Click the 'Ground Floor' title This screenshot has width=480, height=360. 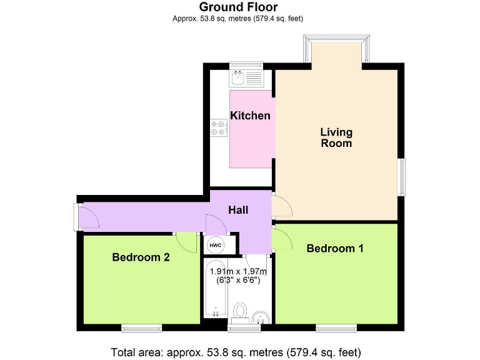[x=238, y=7]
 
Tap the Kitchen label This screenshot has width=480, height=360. [x=250, y=116]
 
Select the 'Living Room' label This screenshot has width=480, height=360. [x=336, y=137]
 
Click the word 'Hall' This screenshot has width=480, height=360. [x=237, y=210]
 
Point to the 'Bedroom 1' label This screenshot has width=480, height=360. [x=335, y=248]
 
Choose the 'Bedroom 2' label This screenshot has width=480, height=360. [x=141, y=257]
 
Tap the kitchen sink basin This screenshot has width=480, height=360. [x=238, y=78]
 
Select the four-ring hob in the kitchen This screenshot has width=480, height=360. [x=219, y=127]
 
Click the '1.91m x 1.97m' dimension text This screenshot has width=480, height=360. [x=238, y=271]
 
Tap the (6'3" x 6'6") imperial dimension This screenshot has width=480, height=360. [x=238, y=281]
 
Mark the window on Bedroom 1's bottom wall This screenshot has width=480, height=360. [x=336, y=327]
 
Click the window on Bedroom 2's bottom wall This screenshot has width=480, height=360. [x=141, y=327]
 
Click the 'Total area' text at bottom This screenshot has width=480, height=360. [x=236, y=351]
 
